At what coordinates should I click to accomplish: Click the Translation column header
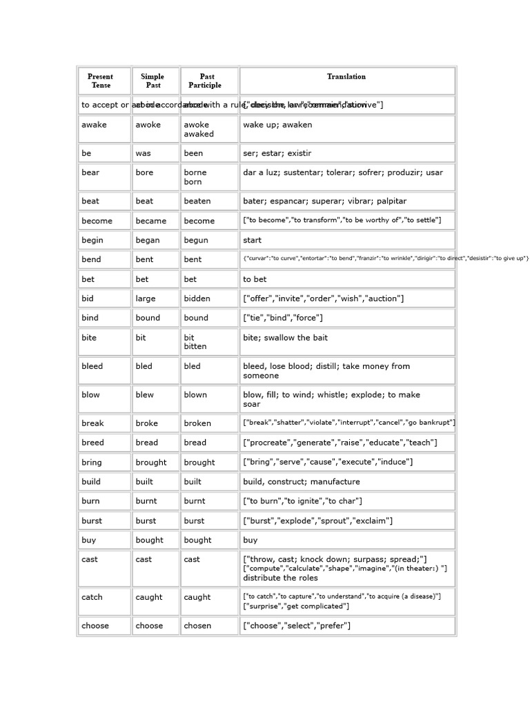pos(346,77)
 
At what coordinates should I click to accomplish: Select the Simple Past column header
pos(153,81)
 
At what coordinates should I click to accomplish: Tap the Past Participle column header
pos(207,81)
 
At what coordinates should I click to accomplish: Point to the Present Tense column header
pos(101,81)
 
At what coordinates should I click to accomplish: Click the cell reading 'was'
pos(144,153)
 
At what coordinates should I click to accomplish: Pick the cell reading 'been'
pos(193,153)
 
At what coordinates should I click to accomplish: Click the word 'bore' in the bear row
pos(144,172)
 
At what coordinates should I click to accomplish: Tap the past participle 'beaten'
pos(197,201)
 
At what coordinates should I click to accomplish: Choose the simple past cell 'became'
pos(151,221)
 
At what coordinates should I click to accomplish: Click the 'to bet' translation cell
pos(255,279)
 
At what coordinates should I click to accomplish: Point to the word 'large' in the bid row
pos(146,299)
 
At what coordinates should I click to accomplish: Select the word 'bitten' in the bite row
pos(195,346)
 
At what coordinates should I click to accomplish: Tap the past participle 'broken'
pos(197,423)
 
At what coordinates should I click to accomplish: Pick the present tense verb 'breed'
pos(92,443)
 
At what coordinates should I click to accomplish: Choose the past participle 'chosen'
pos(197,626)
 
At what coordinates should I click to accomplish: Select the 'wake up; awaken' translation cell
pos(277,125)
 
